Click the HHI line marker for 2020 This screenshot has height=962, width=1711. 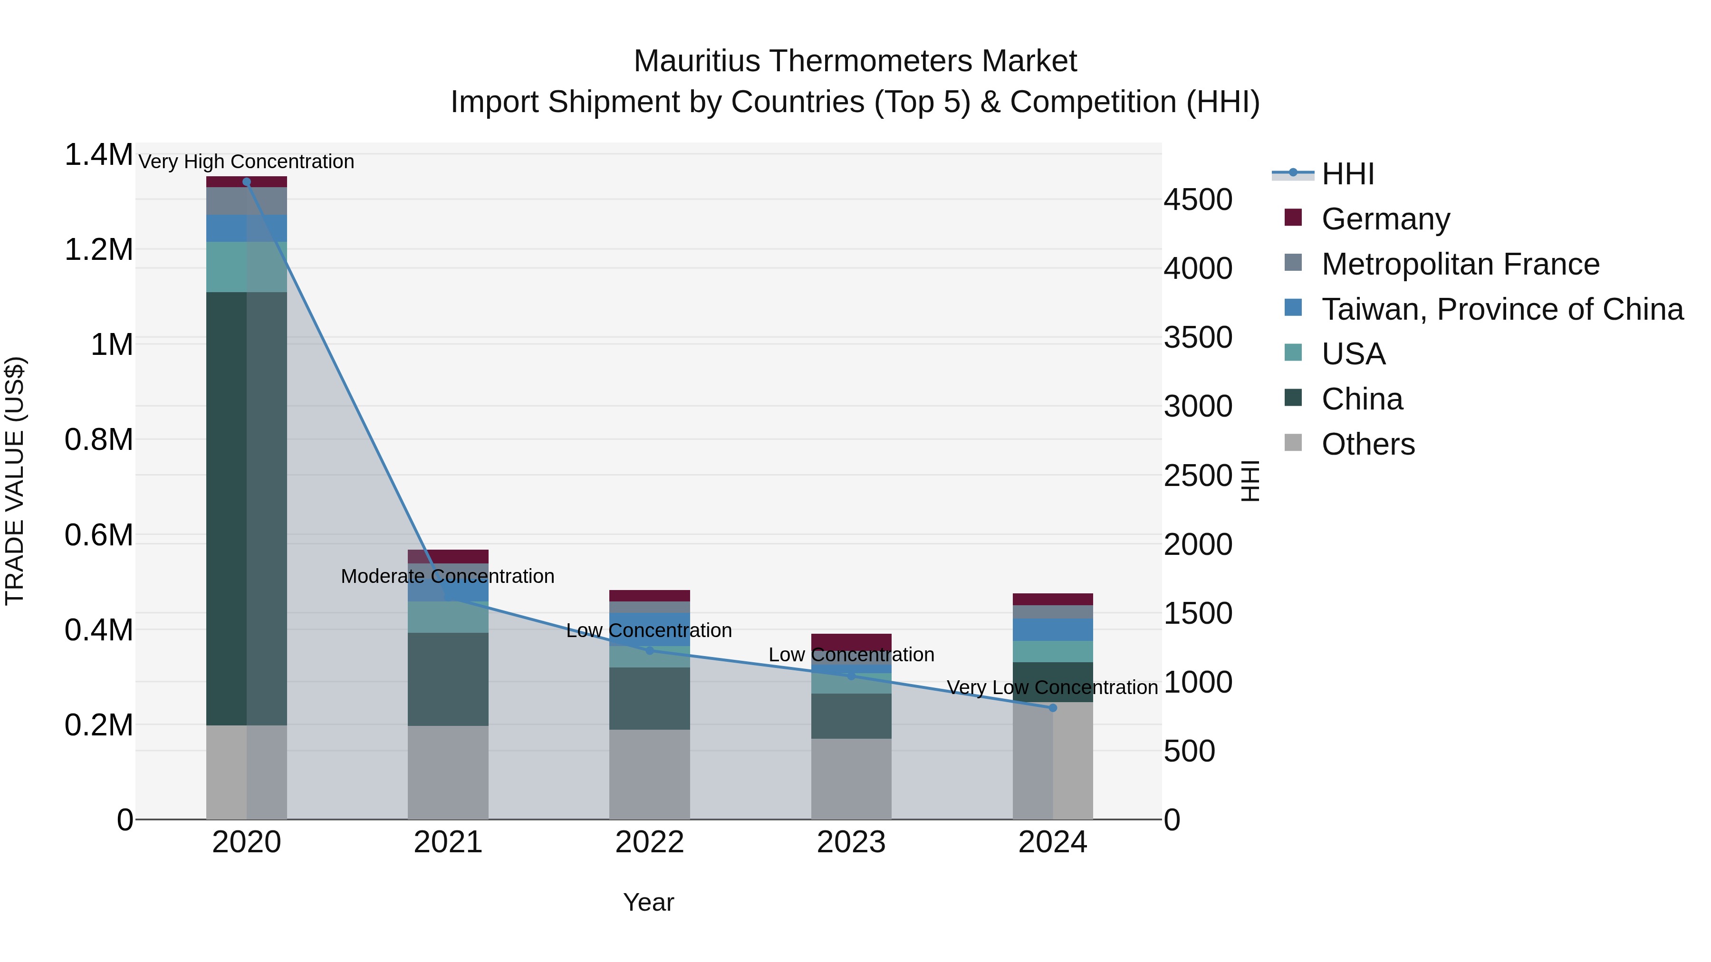coord(246,182)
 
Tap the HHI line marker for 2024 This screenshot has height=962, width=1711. coord(1052,708)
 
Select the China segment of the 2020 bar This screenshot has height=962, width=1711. coord(246,508)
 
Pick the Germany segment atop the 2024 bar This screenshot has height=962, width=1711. coord(1052,599)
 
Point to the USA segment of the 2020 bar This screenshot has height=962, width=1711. coord(246,267)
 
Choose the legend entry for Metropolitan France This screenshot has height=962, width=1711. coord(1460,264)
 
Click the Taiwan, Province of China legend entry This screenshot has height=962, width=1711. coord(1502,309)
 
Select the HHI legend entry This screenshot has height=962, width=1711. coord(1347,174)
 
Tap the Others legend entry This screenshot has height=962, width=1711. coord(1367,444)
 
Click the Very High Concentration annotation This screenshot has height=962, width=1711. coord(246,162)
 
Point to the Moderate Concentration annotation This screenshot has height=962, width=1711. coord(448,576)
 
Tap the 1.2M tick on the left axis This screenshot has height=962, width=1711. coord(98,250)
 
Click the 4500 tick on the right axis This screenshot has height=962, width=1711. coord(1198,200)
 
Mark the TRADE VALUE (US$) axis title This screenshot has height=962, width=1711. coord(15,481)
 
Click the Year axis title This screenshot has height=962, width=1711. coord(648,902)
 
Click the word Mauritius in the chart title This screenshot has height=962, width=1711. coord(696,61)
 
